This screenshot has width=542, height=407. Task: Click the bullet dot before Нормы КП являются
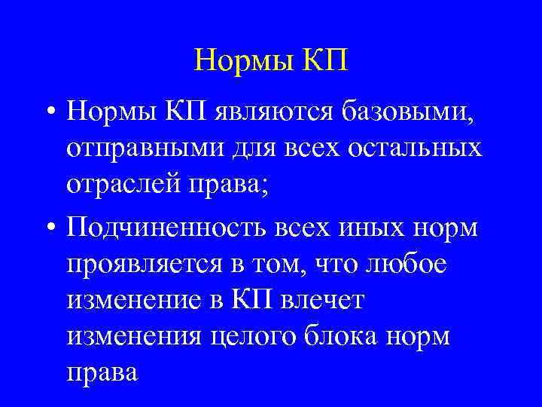click(x=47, y=114)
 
